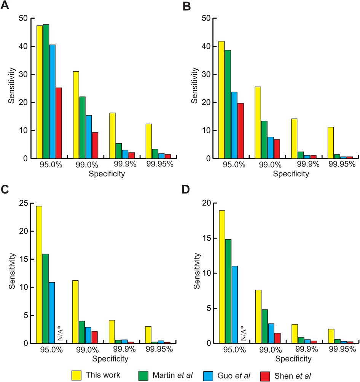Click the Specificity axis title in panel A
pos(106,174)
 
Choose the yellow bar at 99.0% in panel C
pos(76,312)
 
